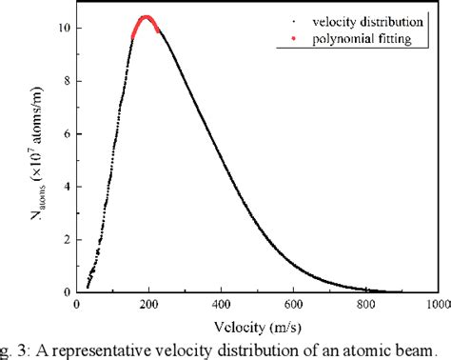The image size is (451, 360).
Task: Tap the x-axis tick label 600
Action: click(x=294, y=306)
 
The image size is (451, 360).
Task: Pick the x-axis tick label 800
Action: click(x=366, y=306)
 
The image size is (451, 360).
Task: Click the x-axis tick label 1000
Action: click(x=437, y=306)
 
